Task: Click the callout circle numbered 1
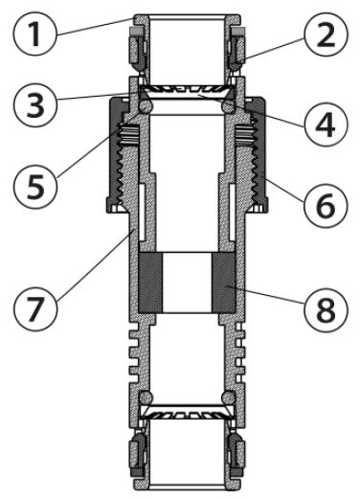tap(35, 34)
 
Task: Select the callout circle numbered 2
tap(326, 34)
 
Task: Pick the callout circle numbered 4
tap(326, 125)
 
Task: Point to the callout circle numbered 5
tap(35, 187)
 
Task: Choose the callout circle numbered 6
tap(326, 206)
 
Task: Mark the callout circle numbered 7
tap(35, 309)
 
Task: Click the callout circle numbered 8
tap(326, 310)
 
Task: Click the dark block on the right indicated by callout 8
tap(224, 283)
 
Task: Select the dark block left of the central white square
tap(151, 283)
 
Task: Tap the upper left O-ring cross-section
tap(146, 106)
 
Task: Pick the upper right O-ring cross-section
tap(228, 106)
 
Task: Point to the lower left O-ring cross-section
tap(146, 397)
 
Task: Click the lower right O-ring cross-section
tap(228, 397)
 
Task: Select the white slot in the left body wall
tap(143, 212)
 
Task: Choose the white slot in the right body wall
tap(233, 212)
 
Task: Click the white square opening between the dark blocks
tap(188, 283)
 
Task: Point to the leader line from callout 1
tap(95, 26)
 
